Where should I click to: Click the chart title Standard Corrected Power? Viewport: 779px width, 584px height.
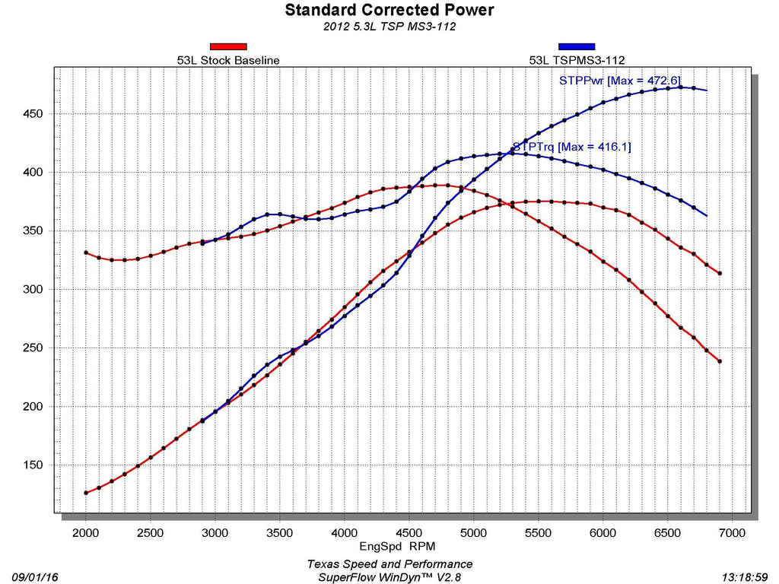coord(389,10)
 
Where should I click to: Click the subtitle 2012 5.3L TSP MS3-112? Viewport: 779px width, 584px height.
coord(389,27)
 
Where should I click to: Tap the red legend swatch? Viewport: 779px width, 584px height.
coord(228,46)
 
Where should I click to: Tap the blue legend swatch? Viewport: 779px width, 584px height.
coord(577,46)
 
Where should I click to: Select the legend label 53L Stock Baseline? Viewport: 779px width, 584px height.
coord(228,59)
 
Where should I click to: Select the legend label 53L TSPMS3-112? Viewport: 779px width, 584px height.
coord(577,59)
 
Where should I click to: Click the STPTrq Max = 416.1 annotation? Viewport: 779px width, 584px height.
coord(572,146)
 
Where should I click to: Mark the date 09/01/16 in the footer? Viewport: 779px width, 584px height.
coord(36,577)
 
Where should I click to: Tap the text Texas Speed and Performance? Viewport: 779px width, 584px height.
coord(389,564)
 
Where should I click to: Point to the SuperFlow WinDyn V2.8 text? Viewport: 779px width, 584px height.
coord(389,577)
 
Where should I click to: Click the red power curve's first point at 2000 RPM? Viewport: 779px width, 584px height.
coord(86,493)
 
